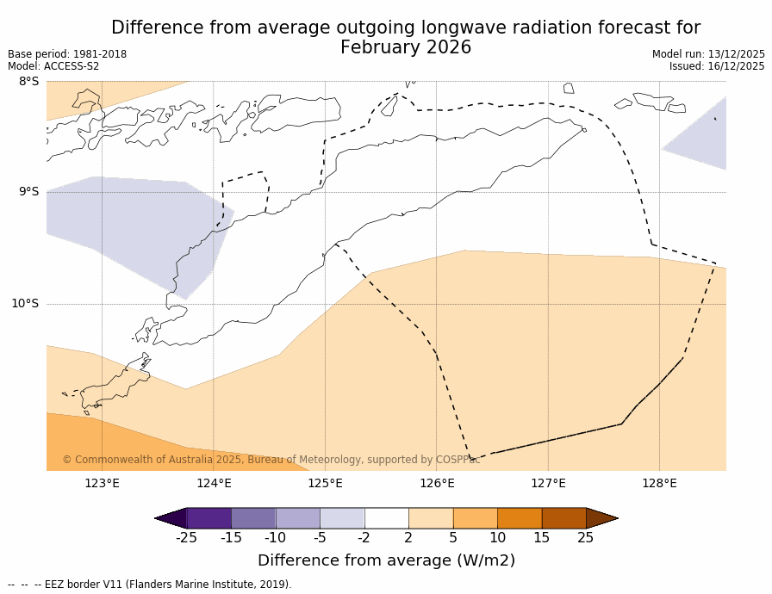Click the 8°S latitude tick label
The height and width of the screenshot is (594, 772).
28,82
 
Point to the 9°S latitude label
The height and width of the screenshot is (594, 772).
28,192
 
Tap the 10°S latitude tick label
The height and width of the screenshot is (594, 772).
25,303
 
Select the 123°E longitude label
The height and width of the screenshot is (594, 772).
102,483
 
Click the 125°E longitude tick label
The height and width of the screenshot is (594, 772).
325,483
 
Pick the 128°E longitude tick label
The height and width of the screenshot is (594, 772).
659,483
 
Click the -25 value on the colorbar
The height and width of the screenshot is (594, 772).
186,538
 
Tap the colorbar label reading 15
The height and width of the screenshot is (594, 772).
541,538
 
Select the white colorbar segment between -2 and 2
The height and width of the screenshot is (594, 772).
386,518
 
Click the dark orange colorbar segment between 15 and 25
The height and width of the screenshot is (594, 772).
563,518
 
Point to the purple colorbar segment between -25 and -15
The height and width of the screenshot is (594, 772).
209,518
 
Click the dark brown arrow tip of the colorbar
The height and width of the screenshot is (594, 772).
603,518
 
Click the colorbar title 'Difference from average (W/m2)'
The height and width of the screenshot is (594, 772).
386,560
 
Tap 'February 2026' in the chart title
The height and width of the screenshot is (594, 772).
406,48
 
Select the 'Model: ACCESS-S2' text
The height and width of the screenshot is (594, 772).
53,66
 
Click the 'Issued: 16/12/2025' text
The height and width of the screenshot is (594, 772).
717,66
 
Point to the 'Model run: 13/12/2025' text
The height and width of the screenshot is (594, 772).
708,54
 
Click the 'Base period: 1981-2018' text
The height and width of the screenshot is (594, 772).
67,54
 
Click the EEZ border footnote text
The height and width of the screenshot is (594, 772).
150,585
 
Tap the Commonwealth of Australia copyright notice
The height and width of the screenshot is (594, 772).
271,460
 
